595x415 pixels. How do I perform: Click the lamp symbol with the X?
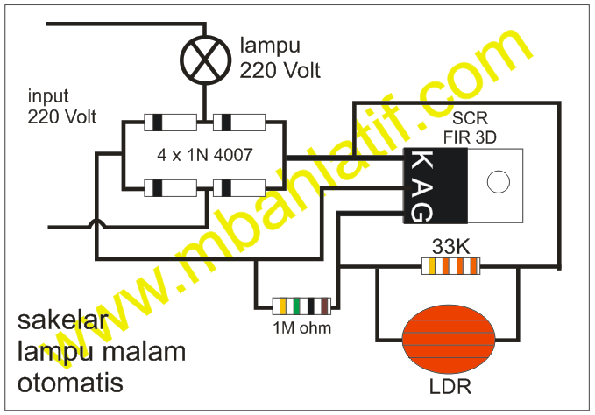[x=203, y=58]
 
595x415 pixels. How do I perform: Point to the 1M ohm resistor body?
[x=301, y=306]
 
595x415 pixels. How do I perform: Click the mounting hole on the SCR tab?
[x=498, y=182]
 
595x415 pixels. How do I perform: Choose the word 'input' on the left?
[x=48, y=96]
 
